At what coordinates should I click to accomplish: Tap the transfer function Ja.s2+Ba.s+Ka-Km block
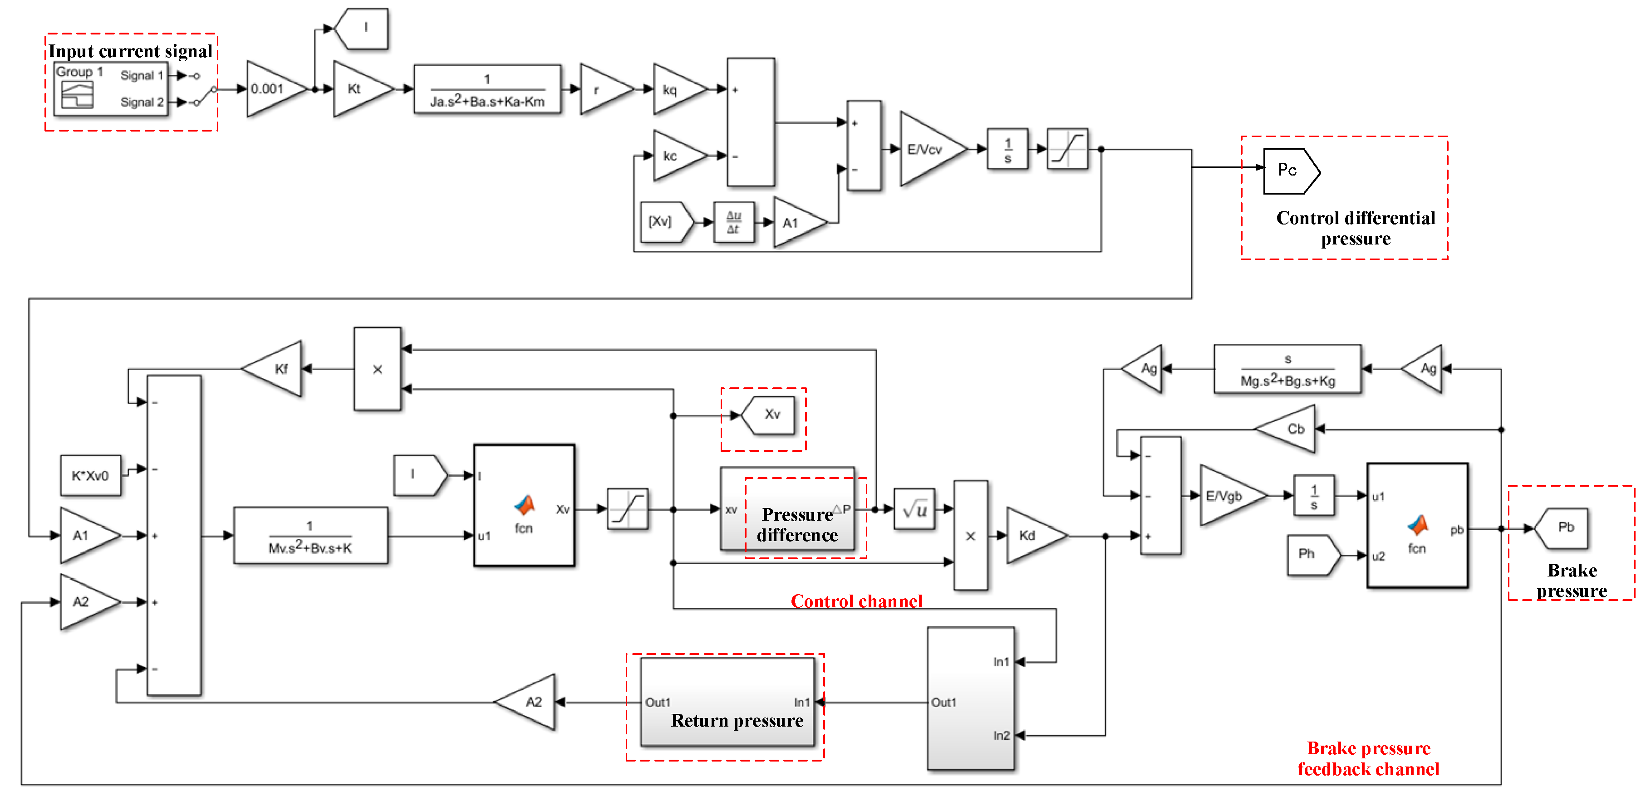(x=487, y=89)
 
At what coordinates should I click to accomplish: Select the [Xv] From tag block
(x=664, y=222)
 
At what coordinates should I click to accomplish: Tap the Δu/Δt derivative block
(x=733, y=222)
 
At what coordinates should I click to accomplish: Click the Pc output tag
(x=1289, y=171)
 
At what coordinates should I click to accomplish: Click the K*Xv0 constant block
(x=90, y=475)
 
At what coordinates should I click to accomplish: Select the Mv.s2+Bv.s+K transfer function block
(x=310, y=535)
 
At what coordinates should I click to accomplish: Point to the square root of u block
(x=914, y=509)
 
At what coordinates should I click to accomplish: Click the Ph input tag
(x=1310, y=555)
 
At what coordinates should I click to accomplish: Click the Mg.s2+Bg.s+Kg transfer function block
(x=1287, y=369)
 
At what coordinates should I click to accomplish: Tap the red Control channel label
(x=856, y=601)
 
